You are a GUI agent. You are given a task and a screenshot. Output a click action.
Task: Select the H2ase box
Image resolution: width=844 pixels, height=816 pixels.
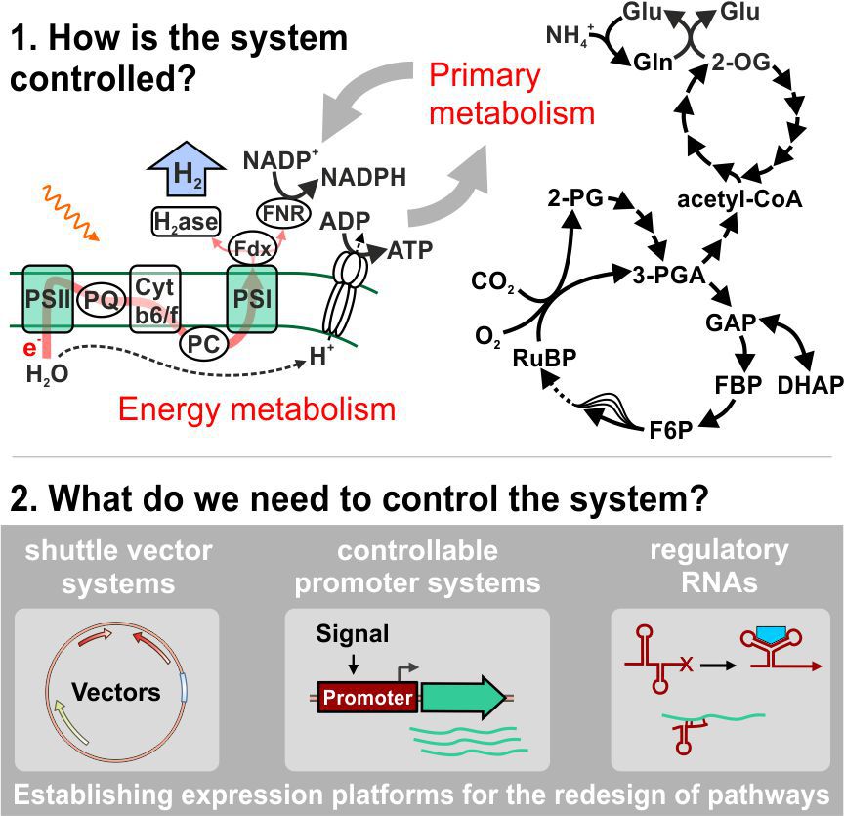click(186, 222)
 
